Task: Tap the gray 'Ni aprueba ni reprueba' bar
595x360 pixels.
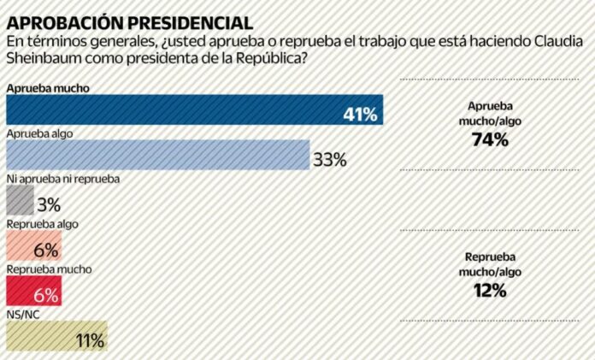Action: [20, 201]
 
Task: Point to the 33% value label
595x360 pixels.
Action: [328, 158]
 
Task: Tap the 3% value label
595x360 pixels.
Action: [50, 204]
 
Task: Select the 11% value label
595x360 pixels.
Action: [90, 339]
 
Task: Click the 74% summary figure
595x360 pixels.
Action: [490, 139]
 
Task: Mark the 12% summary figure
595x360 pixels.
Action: [490, 291]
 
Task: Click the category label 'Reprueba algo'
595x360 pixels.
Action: [42, 224]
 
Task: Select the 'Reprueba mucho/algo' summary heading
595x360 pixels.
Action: [490, 264]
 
